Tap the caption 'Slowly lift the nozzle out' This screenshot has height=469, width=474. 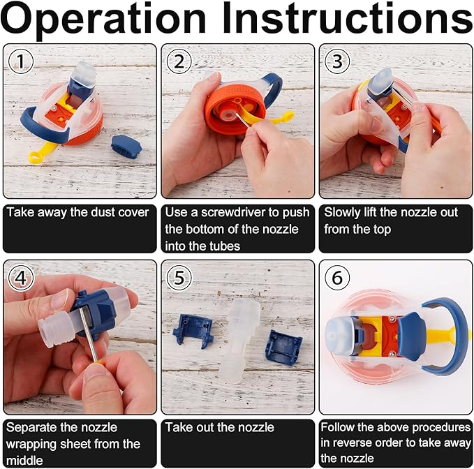[x=390, y=211]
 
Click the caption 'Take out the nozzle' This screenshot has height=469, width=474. [x=220, y=427]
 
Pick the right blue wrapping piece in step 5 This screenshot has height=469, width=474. [x=283, y=345]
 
